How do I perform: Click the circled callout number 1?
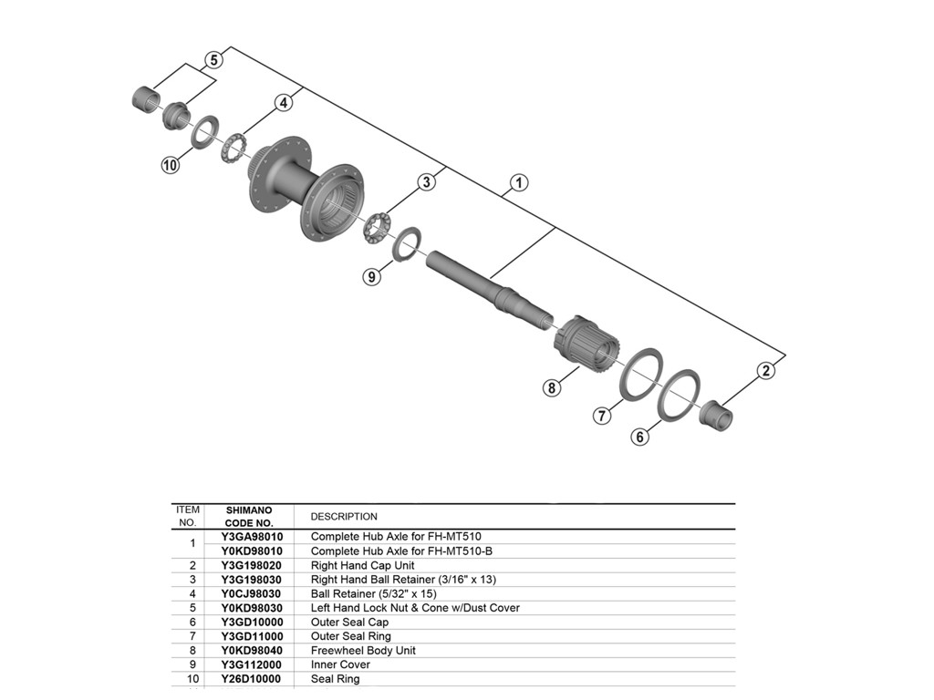tap(518, 183)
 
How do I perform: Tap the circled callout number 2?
tap(766, 370)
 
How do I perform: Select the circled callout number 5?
tap(213, 60)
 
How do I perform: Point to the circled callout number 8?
tap(551, 389)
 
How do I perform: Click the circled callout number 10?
tap(170, 165)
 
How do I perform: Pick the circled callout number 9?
tap(371, 276)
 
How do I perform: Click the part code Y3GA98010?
tap(252, 537)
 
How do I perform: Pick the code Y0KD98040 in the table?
tap(252, 651)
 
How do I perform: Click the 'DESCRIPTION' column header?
tap(344, 517)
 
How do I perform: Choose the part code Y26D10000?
tap(252, 679)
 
